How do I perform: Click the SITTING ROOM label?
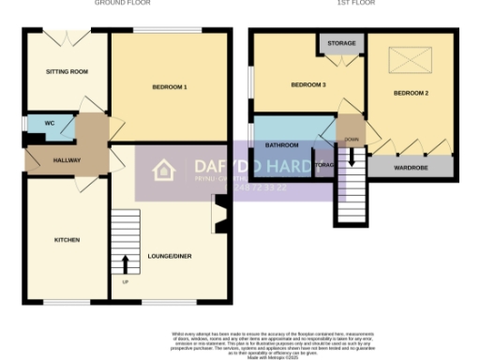coord(67,71)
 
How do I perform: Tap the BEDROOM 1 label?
coord(170,87)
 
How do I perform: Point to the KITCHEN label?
coord(67,240)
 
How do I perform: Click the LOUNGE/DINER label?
coord(170,255)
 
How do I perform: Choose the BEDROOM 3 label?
coord(307,85)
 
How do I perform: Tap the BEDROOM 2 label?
coord(411,93)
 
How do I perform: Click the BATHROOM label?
coord(281,145)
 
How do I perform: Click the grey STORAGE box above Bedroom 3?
coord(341,42)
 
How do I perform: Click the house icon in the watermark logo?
coord(164,171)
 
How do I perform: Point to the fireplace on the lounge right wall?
coord(220,214)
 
